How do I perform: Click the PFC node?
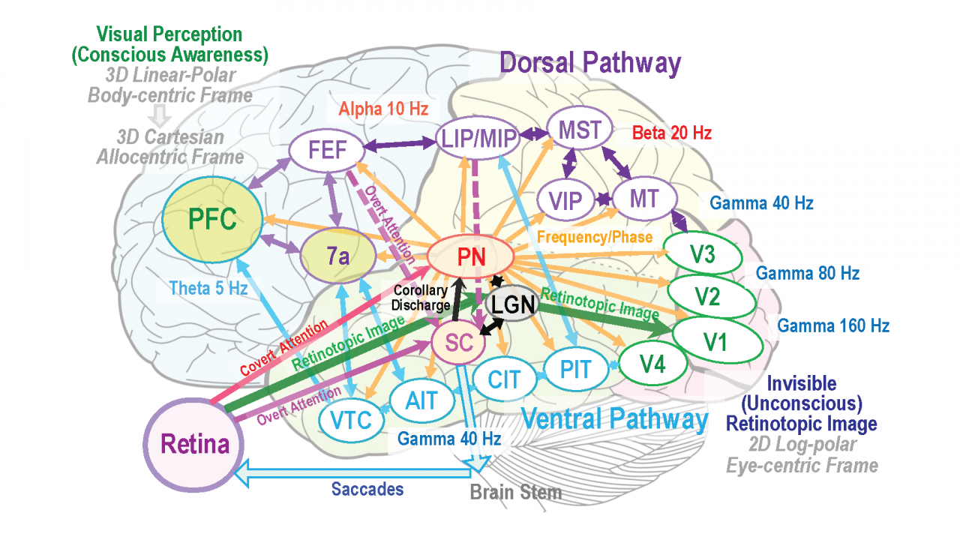(x=212, y=220)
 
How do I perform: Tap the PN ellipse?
(x=471, y=257)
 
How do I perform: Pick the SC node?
(x=459, y=342)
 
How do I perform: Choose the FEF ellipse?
(x=326, y=150)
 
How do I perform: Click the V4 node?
(x=652, y=365)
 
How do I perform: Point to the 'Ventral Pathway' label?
(x=613, y=418)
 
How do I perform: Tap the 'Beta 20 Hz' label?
(x=672, y=133)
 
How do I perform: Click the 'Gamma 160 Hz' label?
(x=833, y=325)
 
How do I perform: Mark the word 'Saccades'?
(x=367, y=489)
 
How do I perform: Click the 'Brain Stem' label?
(x=515, y=493)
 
